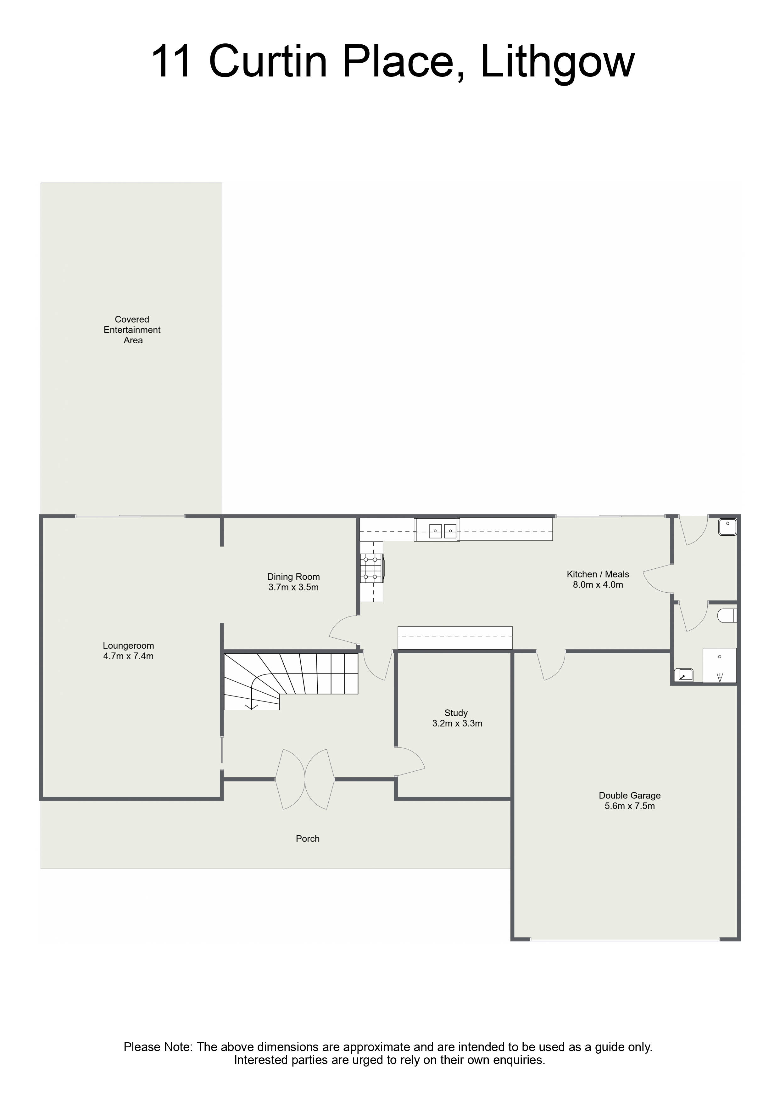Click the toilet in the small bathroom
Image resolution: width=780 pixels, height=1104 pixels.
click(727, 616)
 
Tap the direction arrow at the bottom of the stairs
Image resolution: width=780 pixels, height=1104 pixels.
click(251, 705)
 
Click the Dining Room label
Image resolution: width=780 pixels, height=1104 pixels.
click(294, 577)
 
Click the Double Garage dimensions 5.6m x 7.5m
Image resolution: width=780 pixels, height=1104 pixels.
click(630, 806)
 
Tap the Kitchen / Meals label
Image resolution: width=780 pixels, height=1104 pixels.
click(598, 574)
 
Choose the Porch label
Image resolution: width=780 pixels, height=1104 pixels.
click(308, 839)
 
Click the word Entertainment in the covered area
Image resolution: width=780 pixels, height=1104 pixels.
click(132, 330)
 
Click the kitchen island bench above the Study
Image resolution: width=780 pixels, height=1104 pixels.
click(455, 638)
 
